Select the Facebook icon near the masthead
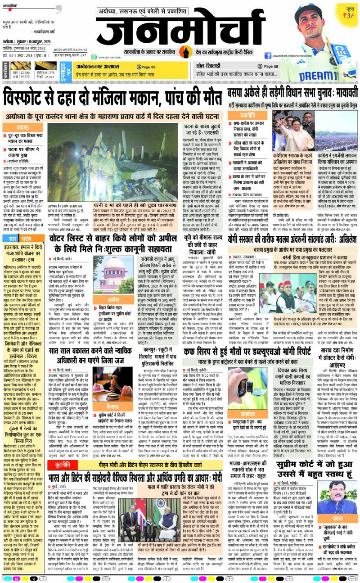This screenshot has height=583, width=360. point(268,56)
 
